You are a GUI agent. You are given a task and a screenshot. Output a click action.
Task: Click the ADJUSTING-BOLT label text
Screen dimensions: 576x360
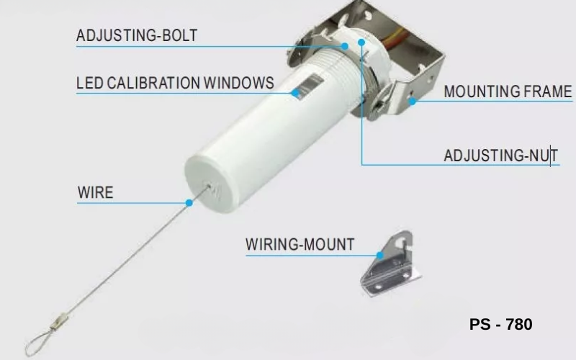pyautogui.click(x=137, y=35)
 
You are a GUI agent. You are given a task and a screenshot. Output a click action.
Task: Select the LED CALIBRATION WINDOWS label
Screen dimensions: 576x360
pyautogui.click(x=175, y=83)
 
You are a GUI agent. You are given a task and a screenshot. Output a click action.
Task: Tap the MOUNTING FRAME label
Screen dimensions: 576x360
pyautogui.click(x=508, y=91)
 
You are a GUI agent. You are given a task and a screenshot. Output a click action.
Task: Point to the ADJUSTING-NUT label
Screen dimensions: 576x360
pyautogui.click(x=500, y=156)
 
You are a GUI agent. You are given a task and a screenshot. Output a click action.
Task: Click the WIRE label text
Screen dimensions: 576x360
pyautogui.click(x=96, y=192)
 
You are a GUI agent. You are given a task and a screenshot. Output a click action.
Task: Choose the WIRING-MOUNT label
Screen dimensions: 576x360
pyautogui.click(x=300, y=244)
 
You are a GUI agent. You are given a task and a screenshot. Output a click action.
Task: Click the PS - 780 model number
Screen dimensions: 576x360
pyautogui.click(x=500, y=325)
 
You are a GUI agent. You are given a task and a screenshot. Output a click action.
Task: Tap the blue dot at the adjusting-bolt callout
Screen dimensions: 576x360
pyautogui.click(x=344, y=46)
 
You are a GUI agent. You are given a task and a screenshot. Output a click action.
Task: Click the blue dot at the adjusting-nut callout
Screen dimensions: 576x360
pyautogui.click(x=361, y=42)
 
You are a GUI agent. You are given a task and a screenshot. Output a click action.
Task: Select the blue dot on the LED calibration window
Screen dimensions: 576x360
pyautogui.click(x=295, y=93)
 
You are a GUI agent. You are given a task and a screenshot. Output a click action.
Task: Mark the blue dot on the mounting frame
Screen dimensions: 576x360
pyautogui.click(x=413, y=102)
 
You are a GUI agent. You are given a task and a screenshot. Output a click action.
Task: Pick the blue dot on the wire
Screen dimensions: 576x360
pyautogui.click(x=189, y=203)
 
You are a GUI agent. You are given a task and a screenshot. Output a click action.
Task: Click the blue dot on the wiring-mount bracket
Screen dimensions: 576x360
pyautogui.click(x=380, y=255)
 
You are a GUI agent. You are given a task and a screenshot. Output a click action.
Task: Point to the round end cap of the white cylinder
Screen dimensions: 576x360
pyautogui.click(x=209, y=184)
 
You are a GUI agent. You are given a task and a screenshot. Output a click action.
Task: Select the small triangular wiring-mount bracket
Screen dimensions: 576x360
pyautogui.click(x=390, y=264)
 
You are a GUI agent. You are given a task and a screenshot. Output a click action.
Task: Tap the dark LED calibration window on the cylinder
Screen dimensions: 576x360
pyautogui.click(x=310, y=86)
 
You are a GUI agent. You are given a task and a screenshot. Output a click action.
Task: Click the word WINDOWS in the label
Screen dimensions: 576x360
pyautogui.click(x=239, y=83)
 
